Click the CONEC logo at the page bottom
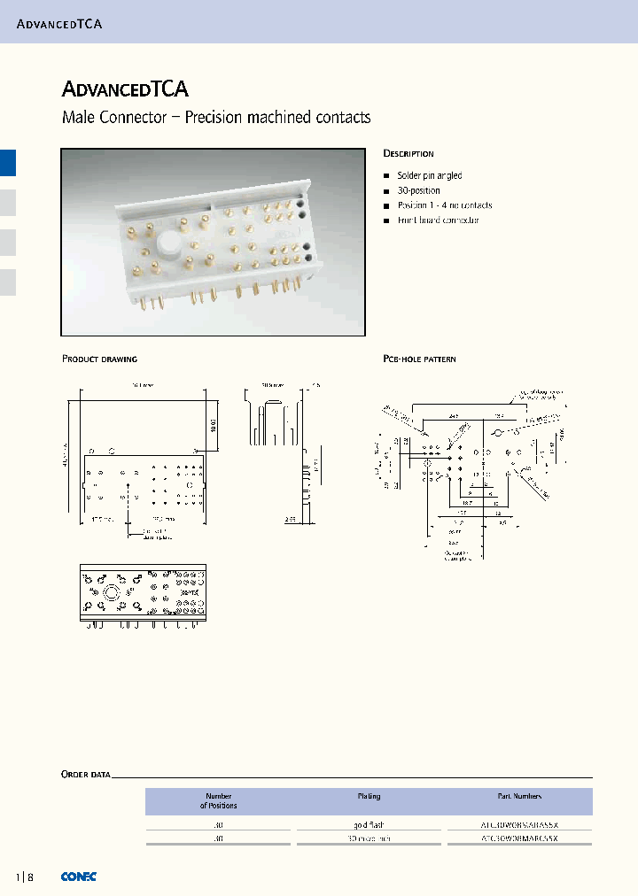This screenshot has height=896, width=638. pyautogui.click(x=79, y=877)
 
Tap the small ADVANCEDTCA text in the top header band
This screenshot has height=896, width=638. pyautogui.click(x=60, y=24)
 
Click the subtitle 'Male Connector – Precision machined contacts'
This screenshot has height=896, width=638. pyautogui.click(x=216, y=118)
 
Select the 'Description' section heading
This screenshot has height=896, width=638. pyautogui.click(x=408, y=154)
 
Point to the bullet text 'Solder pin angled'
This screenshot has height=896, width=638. pyautogui.click(x=430, y=176)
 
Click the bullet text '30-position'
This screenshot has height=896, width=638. pyautogui.click(x=418, y=190)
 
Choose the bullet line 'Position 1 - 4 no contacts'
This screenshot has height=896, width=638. pyautogui.click(x=444, y=205)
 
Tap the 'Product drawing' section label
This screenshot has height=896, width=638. pyautogui.click(x=99, y=359)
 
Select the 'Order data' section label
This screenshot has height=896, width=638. pyautogui.click(x=86, y=775)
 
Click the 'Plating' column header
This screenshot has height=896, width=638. pyautogui.click(x=369, y=797)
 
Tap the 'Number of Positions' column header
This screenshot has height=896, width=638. pyautogui.click(x=218, y=801)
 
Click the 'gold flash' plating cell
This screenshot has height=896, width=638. pyautogui.click(x=369, y=823)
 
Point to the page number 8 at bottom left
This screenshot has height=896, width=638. pyautogui.click(x=30, y=877)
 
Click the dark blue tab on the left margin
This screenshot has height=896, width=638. pyautogui.click(x=7, y=164)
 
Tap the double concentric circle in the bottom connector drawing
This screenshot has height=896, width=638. pyautogui.click(x=112, y=592)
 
